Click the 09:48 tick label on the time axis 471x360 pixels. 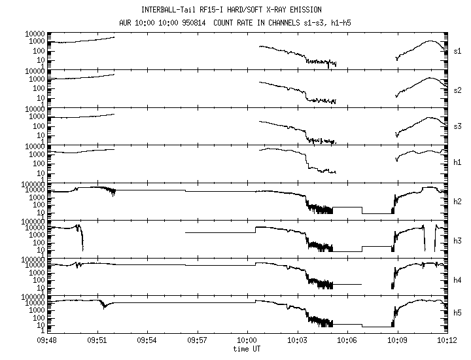point(47,340)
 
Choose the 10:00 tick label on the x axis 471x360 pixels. point(247,340)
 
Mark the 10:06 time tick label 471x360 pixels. point(347,340)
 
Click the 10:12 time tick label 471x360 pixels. point(447,340)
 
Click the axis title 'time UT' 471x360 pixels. point(247,348)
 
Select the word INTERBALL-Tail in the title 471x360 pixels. point(169,10)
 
